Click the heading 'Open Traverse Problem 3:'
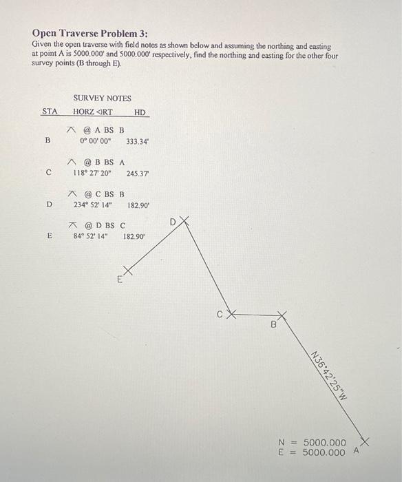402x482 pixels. point(89,33)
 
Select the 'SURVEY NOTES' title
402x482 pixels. point(102,98)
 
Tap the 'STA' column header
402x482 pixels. point(50,112)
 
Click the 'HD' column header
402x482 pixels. point(140,112)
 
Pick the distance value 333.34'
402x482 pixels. point(138,141)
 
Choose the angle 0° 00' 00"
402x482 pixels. point(95,141)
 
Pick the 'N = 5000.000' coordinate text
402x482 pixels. point(313,442)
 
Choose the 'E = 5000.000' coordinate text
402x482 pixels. point(313,452)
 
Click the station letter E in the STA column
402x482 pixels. point(49,235)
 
